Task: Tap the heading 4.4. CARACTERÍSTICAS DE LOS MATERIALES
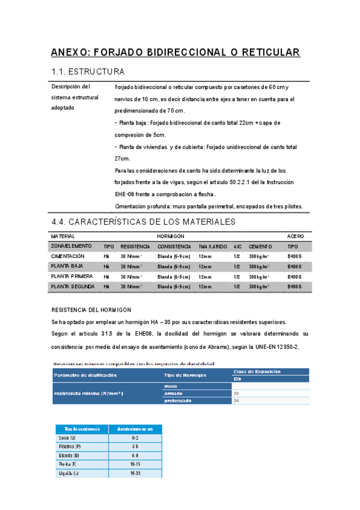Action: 143,222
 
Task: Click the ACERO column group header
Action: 296,236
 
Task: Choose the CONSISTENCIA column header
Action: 174,247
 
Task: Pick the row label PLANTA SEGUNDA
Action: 73,287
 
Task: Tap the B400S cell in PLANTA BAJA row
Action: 294,266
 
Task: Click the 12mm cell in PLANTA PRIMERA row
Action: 205,277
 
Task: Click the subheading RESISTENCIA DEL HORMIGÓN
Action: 91,310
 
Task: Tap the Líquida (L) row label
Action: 67,475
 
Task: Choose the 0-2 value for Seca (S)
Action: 135,438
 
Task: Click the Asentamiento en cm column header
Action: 135,428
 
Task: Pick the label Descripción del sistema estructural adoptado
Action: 75,97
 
